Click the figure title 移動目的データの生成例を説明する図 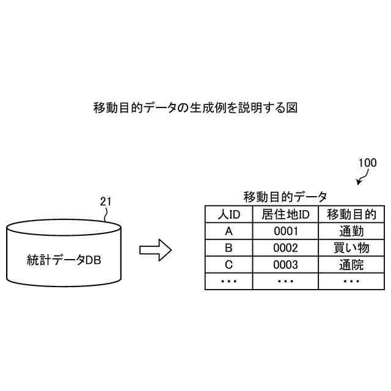coord(195,108)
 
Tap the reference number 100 coord(367,163)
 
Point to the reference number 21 coord(106,201)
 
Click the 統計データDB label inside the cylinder coord(64,259)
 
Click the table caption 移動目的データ coord(285,197)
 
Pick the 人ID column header coord(229,214)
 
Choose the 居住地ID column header coord(285,214)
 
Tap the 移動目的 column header coord(351,214)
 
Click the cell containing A coord(229,231)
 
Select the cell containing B coord(229,248)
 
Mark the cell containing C coord(229,265)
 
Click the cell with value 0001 coord(285,231)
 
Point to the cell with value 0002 coord(285,248)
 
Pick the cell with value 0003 coord(285,265)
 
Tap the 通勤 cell coord(351,231)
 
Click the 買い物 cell coord(351,248)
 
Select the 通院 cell coord(351,265)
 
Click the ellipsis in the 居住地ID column coord(285,281)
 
